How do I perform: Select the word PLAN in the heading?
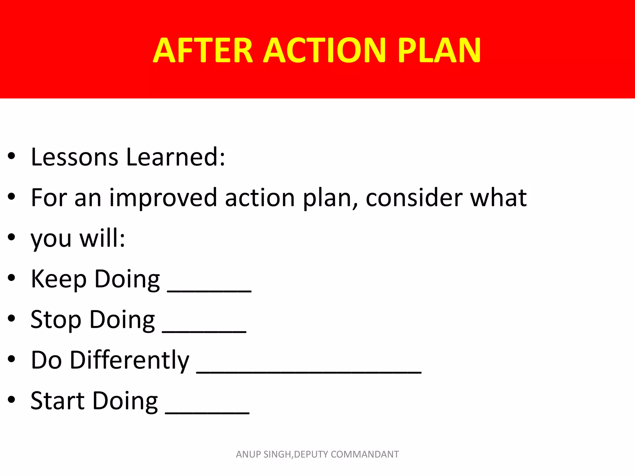click(x=439, y=50)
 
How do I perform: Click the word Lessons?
click(x=74, y=157)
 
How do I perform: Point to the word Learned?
click(x=175, y=157)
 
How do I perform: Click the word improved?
click(x=163, y=198)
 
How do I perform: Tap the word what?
click(x=498, y=198)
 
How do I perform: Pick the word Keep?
click(x=58, y=279)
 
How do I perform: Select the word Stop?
click(x=56, y=320)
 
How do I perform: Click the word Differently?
click(x=129, y=360)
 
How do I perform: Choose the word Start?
click(x=57, y=401)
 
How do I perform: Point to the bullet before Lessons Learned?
click(x=11, y=156)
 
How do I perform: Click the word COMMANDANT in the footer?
click(x=365, y=454)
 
